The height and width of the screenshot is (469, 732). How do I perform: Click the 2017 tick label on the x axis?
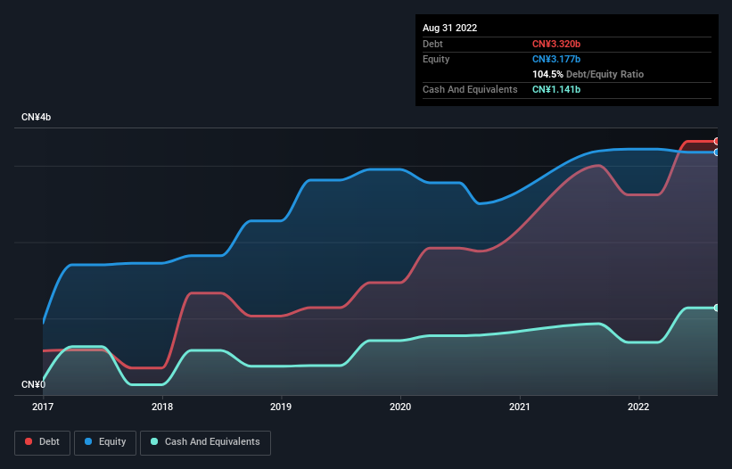click(43, 407)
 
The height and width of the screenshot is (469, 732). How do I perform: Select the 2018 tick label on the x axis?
click(162, 407)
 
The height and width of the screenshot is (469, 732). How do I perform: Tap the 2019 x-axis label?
click(281, 407)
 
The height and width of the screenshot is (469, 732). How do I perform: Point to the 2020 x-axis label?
click(400, 407)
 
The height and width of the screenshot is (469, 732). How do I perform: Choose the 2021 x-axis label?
click(520, 407)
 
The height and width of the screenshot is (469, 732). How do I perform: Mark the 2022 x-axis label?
click(638, 407)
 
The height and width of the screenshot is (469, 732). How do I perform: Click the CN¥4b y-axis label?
click(37, 118)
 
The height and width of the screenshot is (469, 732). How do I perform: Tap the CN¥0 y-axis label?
click(34, 384)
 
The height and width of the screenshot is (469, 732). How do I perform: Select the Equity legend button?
click(105, 441)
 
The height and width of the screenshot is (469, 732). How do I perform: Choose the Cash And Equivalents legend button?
click(205, 441)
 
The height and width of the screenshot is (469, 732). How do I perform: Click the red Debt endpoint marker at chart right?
click(717, 142)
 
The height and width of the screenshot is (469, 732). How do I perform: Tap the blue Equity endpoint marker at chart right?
click(717, 152)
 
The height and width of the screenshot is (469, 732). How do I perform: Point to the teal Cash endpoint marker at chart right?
click(717, 308)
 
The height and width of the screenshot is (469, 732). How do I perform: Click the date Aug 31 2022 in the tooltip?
click(450, 28)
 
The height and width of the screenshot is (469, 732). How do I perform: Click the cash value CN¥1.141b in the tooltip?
click(556, 90)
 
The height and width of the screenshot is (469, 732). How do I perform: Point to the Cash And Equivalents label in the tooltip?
click(470, 90)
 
